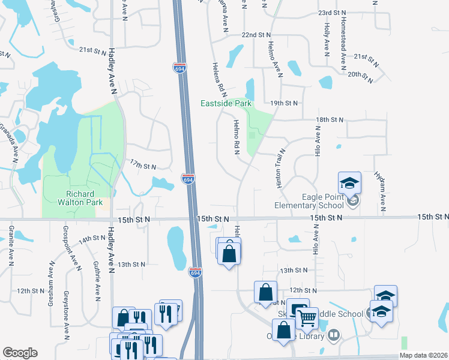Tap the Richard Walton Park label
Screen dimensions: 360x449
pos(80,198)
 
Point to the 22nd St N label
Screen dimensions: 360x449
pos(256,35)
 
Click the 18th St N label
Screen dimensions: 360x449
pos(330,120)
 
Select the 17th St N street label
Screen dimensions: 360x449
pos(143,166)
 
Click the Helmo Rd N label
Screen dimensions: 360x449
pos(236,138)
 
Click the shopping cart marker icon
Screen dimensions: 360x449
pos(307,317)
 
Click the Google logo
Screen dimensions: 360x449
pos(20,353)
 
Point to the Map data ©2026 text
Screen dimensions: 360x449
pos(423,355)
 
